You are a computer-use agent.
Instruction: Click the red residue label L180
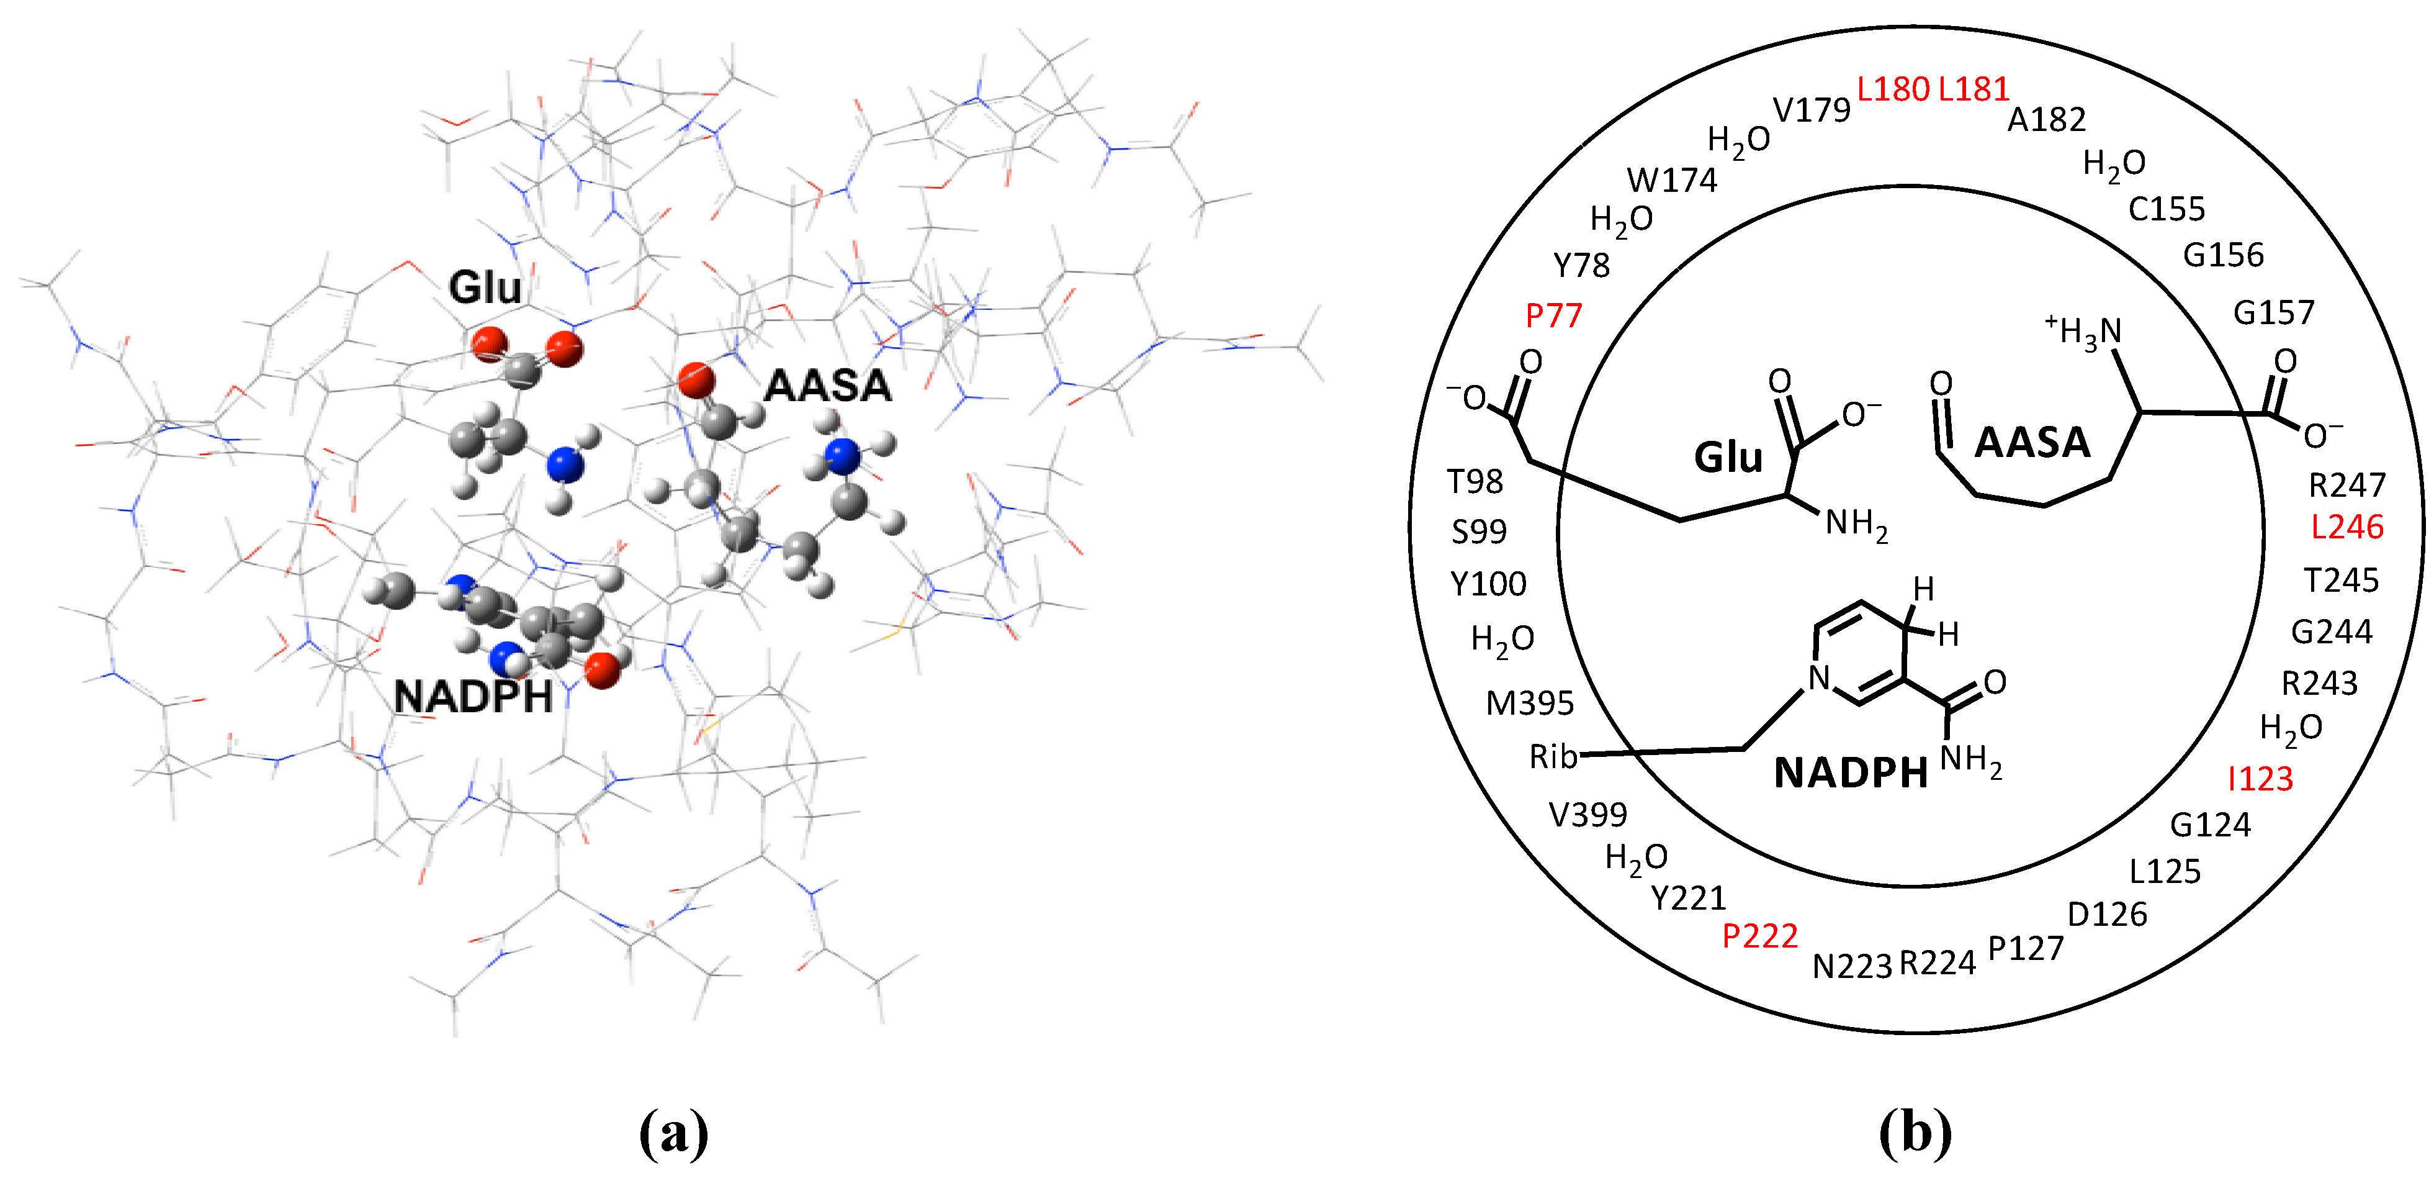coord(1893,90)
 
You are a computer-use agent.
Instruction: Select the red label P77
coord(1553,315)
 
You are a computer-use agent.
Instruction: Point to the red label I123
coord(2260,779)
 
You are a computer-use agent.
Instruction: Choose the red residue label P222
coord(1759,936)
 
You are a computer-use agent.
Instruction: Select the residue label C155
coord(2166,209)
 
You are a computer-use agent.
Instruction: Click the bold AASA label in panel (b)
coord(2031,442)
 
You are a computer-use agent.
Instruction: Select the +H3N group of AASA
coord(2083,331)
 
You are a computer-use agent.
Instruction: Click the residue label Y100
coord(1488,584)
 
